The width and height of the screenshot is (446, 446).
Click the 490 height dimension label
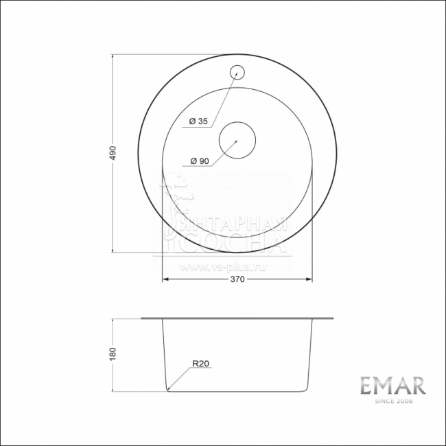point(113,152)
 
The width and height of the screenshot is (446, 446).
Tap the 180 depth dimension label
point(113,354)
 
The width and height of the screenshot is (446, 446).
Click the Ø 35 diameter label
point(198,121)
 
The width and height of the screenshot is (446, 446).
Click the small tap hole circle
point(237,71)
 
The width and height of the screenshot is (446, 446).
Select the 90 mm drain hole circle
point(237,140)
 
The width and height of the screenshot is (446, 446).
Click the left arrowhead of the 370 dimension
point(164,280)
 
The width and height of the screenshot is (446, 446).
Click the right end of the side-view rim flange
point(334,318)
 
